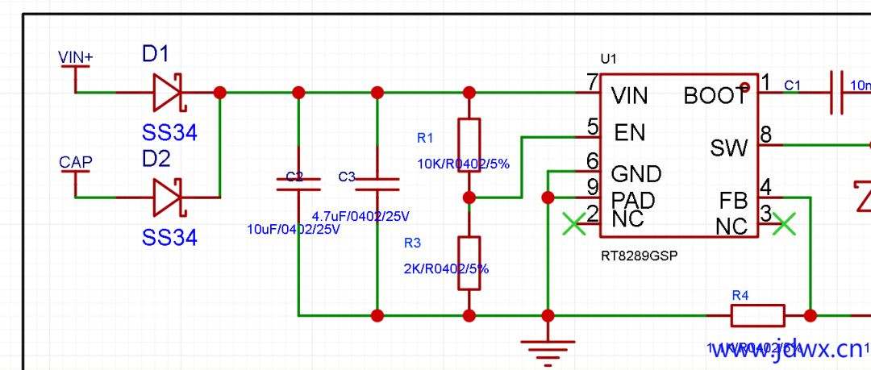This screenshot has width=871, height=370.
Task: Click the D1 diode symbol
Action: (x=169, y=92)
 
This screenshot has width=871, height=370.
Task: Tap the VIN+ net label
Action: (x=76, y=57)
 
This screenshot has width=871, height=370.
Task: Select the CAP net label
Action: (x=76, y=162)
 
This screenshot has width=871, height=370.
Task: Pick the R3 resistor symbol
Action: (x=469, y=263)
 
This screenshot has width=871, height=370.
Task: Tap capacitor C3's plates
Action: (x=377, y=185)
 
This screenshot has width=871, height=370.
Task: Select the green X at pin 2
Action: (x=573, y=223)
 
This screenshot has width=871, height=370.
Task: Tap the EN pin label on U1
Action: (x=628, y=131)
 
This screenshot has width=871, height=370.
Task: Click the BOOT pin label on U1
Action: (x=715, y=96)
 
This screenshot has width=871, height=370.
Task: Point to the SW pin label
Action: (x=729, y=148)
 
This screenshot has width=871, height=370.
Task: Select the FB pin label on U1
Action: (x=733, y=200)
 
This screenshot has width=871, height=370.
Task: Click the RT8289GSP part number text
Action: (x=639, y=256)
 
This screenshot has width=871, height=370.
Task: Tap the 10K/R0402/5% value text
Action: (x=463, y=164)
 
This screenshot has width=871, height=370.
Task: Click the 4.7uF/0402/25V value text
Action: (x=360, y=216)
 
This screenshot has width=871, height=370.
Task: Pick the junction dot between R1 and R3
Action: (x=469, y=197)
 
